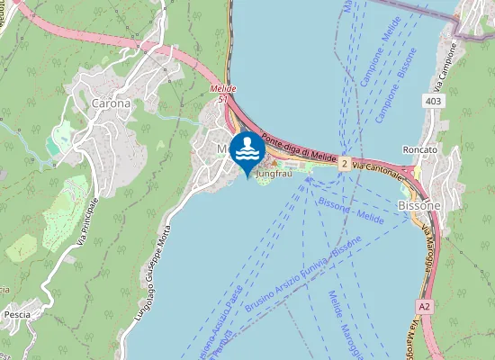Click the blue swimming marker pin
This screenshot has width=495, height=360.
click(x=247, y=150)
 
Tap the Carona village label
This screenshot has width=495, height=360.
click(x=111, y=103)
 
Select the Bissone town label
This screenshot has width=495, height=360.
click(x=418, y=205)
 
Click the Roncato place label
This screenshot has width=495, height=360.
click(x=420, y=149)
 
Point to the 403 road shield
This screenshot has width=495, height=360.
click(x=435, y=102)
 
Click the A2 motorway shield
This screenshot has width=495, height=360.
click(x=425, y=307)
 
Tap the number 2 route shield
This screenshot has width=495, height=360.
click(x=344, y=163)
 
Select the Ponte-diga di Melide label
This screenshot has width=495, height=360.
click(x=299, y=147)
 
